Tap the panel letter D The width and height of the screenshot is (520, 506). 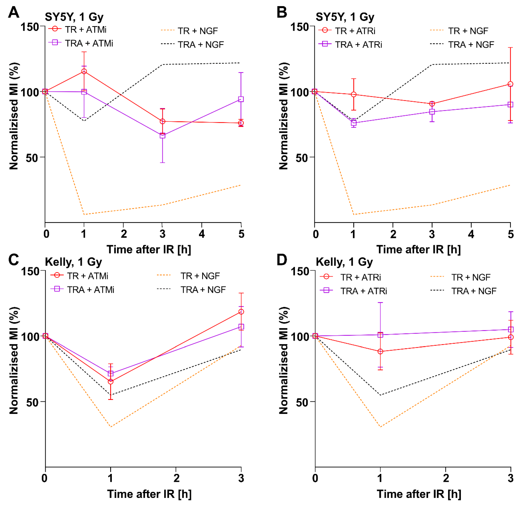pyautogui.click(x=282, y=260)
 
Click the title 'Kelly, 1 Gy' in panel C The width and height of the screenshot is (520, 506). pyautogui.click(x=73, y=262)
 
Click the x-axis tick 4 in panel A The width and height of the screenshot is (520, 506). pyautogui.click(x=202, y=234)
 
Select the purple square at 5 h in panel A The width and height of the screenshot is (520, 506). pyautogui.click(x=241, y=99)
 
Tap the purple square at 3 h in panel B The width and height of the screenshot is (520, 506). pyautogui.click(x=432, y=112)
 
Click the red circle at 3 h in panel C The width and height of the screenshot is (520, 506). pyautogui.click(x=241, y=311)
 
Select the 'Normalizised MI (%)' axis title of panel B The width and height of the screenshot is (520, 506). pyautogui.click(x=283, y=116)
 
